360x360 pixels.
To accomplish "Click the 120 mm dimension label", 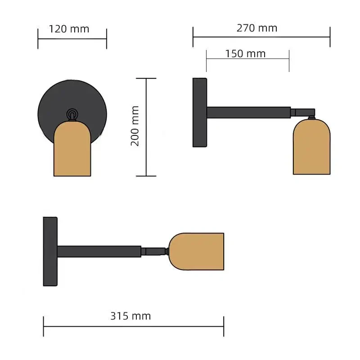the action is coord(69,29).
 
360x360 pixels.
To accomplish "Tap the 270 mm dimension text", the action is coord(257,28).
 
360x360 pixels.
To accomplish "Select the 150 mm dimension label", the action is coord(245,54).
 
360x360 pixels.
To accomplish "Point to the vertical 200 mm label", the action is coord(135,126).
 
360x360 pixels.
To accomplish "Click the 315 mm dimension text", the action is coord(130,316).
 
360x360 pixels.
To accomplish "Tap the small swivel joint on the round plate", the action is coord(72,115).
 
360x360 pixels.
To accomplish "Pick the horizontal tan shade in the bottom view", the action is coord(196,252).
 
